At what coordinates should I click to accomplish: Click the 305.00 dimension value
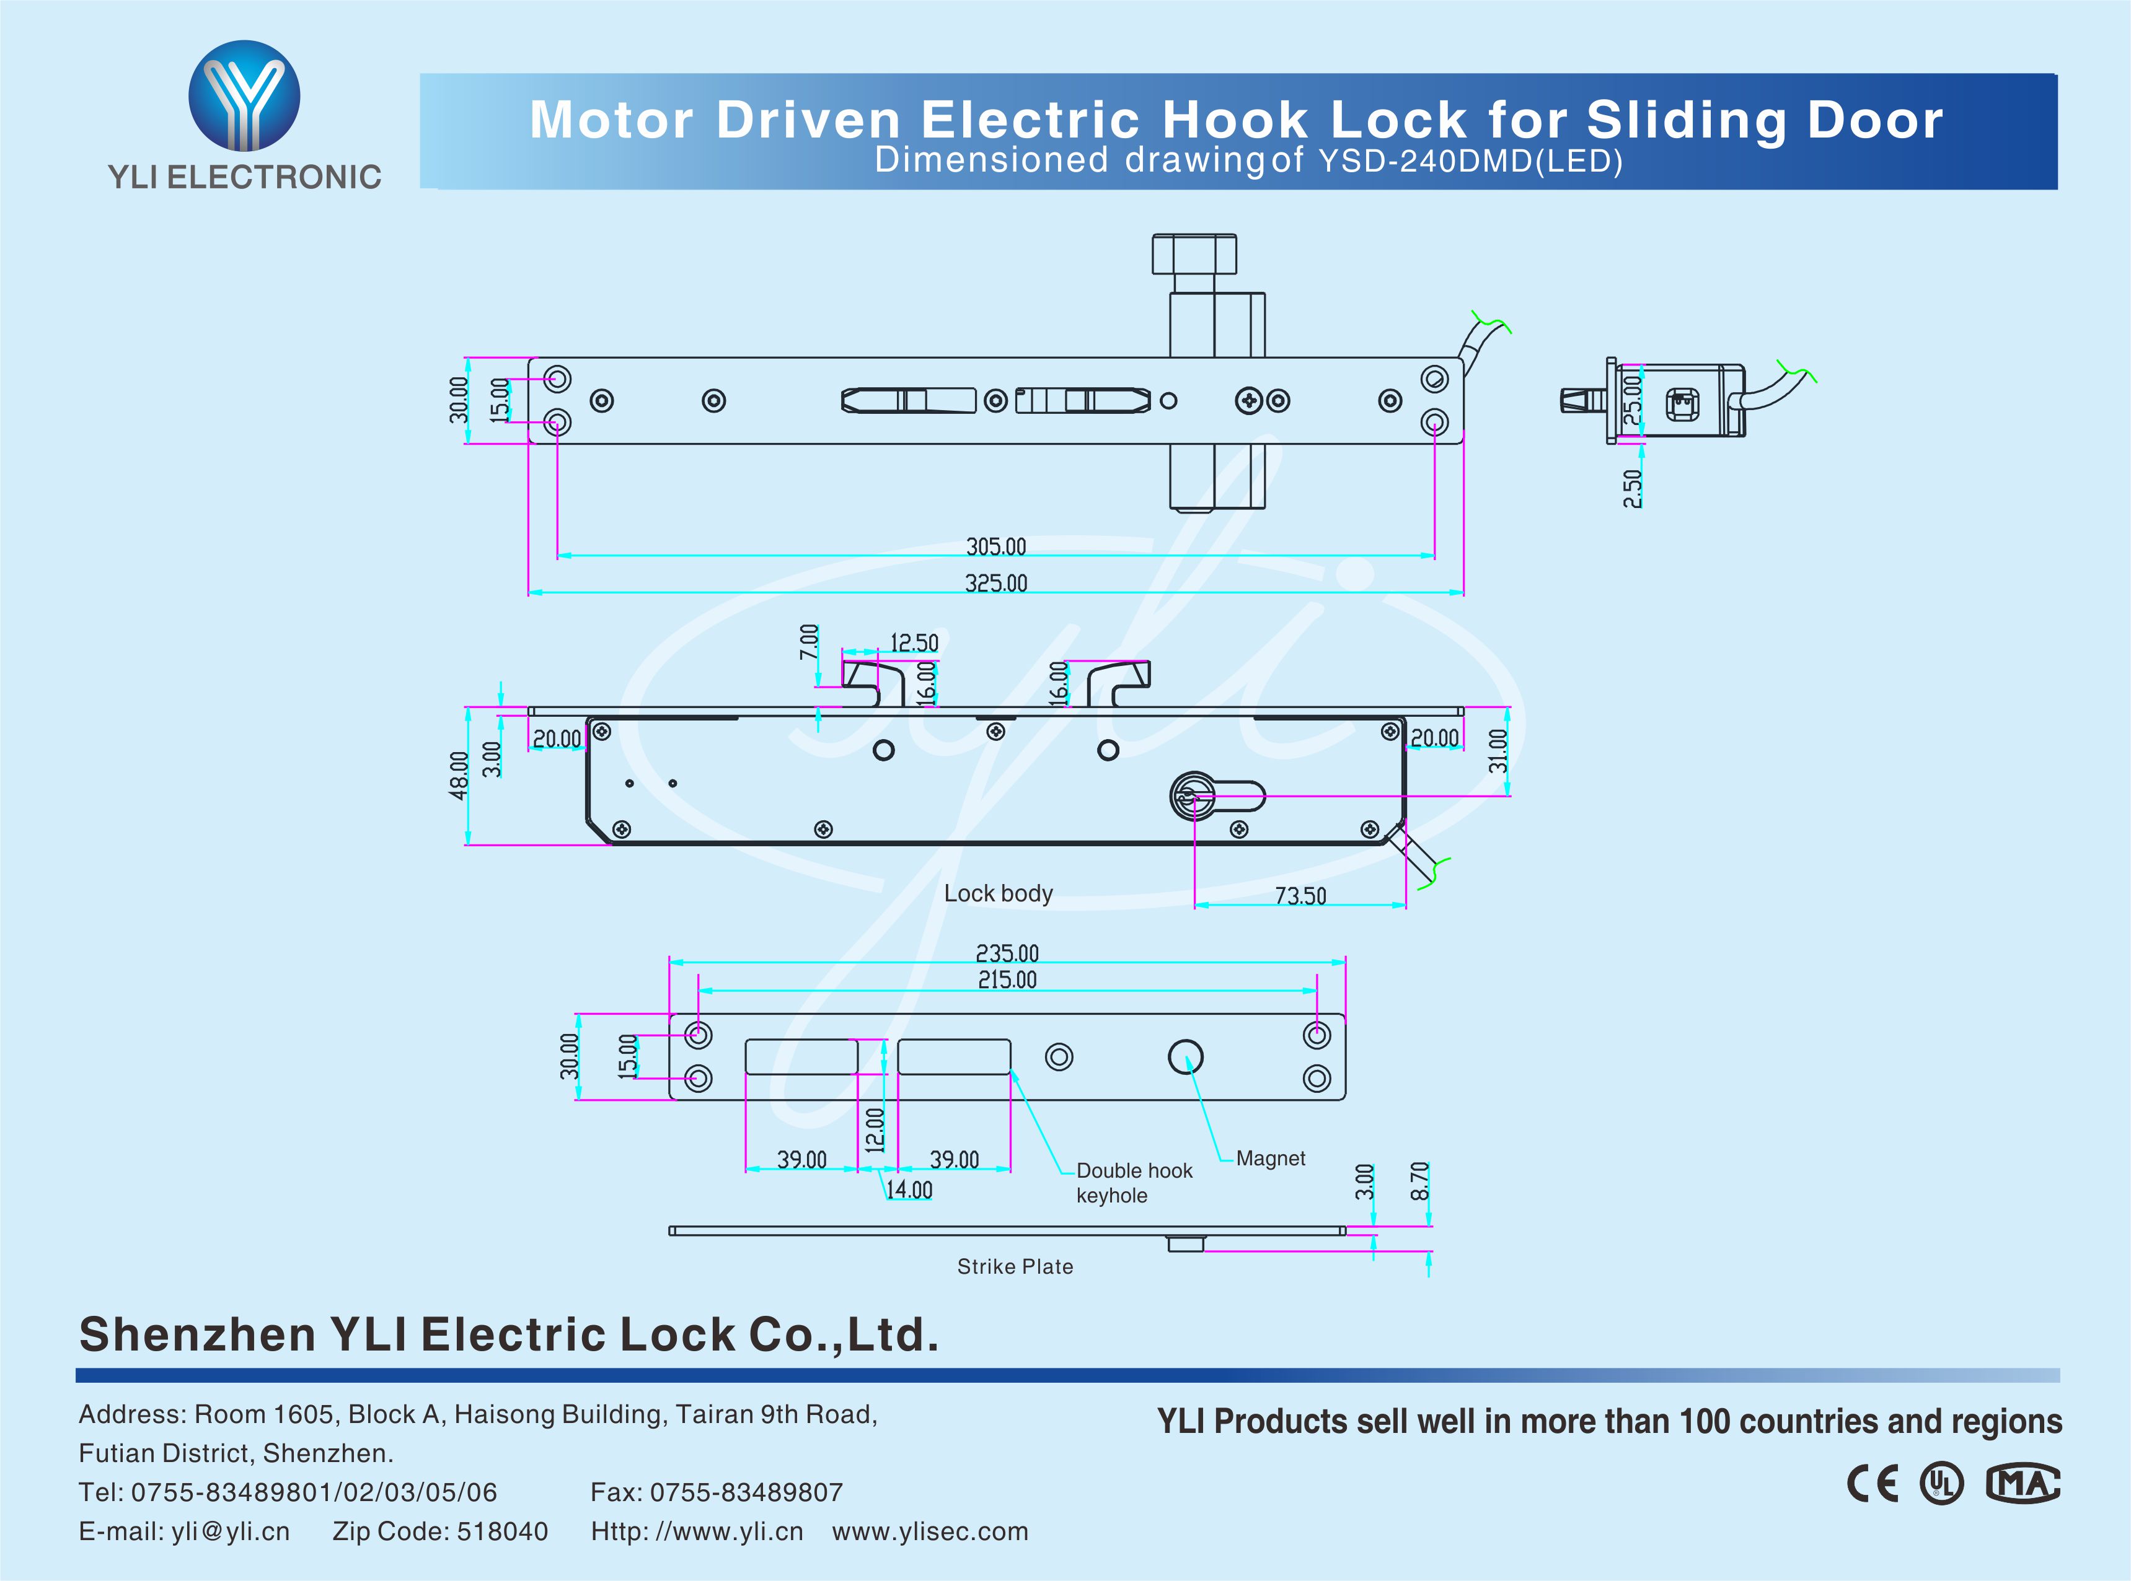coord(995,546)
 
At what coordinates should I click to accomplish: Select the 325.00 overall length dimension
coord(995,583)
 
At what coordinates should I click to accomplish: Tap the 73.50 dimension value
coord(1300,896)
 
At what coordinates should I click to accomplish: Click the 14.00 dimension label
coord(909,1189)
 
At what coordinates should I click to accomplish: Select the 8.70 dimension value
coord(1419,1181)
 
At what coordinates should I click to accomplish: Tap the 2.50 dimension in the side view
coord(1632,488)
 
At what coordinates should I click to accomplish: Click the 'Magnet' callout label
coord(1271,1158)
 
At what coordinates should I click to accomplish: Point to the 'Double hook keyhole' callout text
coord(1134,1183)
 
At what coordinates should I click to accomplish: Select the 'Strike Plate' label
coord(1015,1266)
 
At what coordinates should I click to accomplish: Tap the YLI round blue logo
coord(244,95)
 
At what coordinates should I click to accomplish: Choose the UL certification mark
coord(1941,1483)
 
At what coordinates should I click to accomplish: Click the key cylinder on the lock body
coord(1193,796)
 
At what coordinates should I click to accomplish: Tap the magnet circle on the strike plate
coord(1185,1056)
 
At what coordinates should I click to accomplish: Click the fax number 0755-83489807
coord(746,1492)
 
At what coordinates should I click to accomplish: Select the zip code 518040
coord(501,1531)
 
